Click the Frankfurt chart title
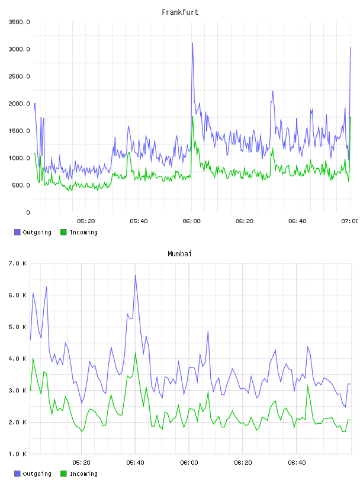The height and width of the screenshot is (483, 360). point(180,12)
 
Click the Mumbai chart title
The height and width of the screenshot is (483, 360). point(179,254)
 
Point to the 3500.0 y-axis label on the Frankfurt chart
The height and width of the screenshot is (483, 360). point(19,22)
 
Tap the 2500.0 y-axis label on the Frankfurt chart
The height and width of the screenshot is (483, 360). point(19,76)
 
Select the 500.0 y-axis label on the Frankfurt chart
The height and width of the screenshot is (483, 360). point(21,185)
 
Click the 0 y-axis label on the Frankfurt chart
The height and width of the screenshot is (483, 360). point(28,212)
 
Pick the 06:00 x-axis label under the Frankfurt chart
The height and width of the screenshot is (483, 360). point(191,221)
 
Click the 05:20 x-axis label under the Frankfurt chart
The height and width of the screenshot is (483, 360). point(86,221)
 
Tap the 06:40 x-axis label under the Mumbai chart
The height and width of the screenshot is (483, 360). point(297,463)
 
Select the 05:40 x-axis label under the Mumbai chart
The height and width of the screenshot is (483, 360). point(135,463)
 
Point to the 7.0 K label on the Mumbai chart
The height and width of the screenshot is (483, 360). point(17,263)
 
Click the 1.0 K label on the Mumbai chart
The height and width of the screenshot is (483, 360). point(17,454)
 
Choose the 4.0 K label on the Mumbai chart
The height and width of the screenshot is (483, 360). point(17,359)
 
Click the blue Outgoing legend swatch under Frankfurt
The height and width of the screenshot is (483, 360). point(17,232)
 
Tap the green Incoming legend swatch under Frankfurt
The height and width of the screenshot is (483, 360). point(63,232)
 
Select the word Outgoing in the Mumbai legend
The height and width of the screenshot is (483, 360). point(37,474)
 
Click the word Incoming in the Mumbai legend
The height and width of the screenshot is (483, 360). point(83,474)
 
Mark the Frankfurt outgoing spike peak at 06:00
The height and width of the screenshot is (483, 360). point(192,43)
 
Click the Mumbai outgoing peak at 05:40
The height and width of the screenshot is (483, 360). point(136,275)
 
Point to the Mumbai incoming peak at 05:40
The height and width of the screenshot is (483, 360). point(136,352)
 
